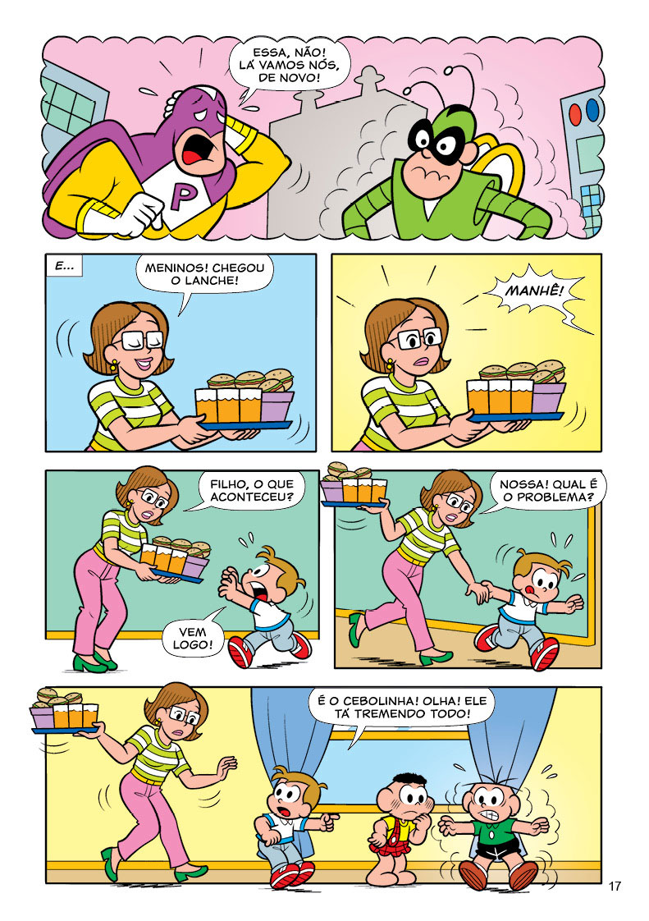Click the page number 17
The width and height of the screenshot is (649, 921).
[x=615, y=887]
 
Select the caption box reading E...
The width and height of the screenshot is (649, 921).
[x=63, y=267]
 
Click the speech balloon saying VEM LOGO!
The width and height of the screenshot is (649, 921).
[x=193, y=637]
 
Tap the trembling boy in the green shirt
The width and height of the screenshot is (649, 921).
[x=490, y=833]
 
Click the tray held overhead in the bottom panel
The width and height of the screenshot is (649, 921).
[x=65, y=713]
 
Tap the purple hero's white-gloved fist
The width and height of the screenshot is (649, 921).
[x=139, y=213]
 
